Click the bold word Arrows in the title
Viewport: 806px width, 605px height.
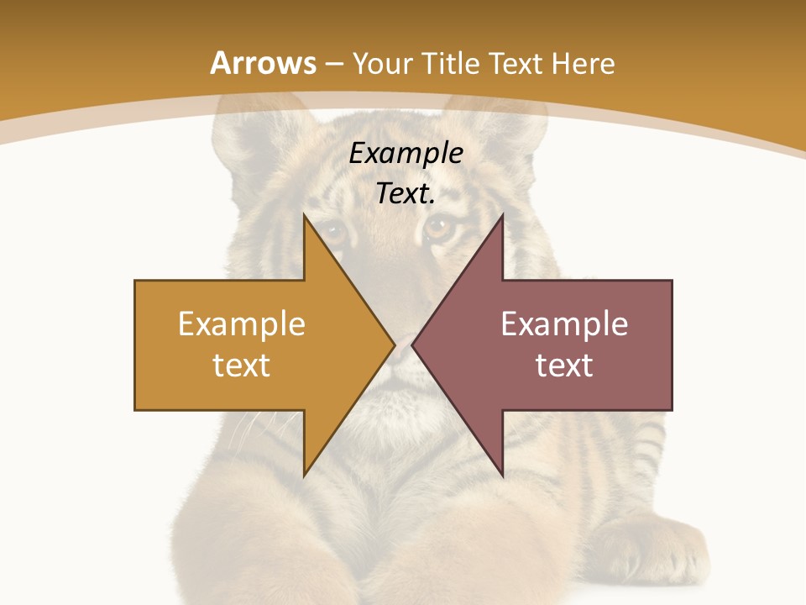262,63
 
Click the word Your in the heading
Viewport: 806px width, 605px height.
381,63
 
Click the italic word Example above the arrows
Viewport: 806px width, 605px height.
406,154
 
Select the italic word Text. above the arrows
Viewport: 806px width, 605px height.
406,194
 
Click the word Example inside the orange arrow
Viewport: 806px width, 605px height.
241,324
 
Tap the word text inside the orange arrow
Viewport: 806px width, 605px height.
241,365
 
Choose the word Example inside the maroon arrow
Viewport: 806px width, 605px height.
564,324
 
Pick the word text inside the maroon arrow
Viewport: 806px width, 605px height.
564,365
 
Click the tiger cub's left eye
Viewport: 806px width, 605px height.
334,229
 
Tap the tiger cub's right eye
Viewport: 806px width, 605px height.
439,227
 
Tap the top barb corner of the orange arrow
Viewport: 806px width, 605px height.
305,216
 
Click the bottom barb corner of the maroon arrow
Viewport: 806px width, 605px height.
502,475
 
